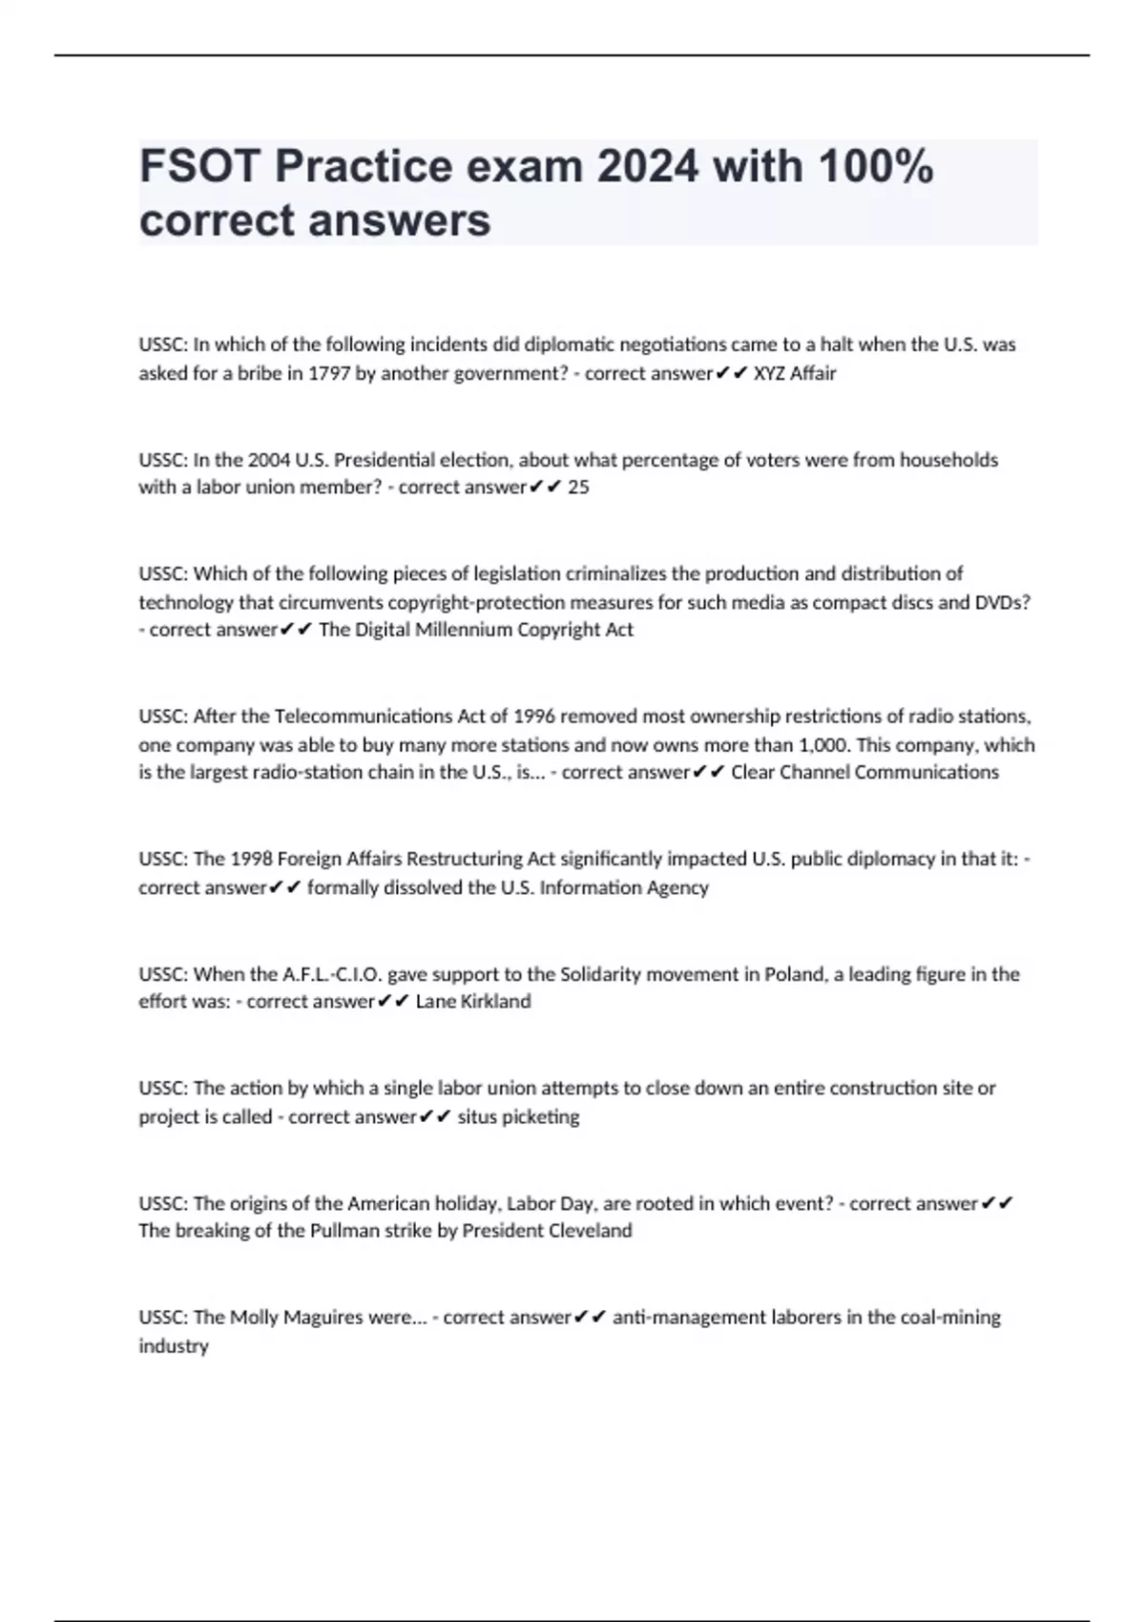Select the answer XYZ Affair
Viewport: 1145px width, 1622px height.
(795, 373)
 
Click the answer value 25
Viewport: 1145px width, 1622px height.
(578, 487)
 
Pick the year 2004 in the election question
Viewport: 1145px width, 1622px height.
(269, 460)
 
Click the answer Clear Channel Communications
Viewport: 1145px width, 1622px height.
(864, 772)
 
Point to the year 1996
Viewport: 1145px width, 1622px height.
(534, 716)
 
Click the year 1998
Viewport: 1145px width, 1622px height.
(251, 859)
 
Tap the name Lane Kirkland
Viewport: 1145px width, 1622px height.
(473, 1001)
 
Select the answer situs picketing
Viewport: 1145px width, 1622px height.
(518, 1116)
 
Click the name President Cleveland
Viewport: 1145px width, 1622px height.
(547, 1231)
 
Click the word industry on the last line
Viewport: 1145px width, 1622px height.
(173, 1345)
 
